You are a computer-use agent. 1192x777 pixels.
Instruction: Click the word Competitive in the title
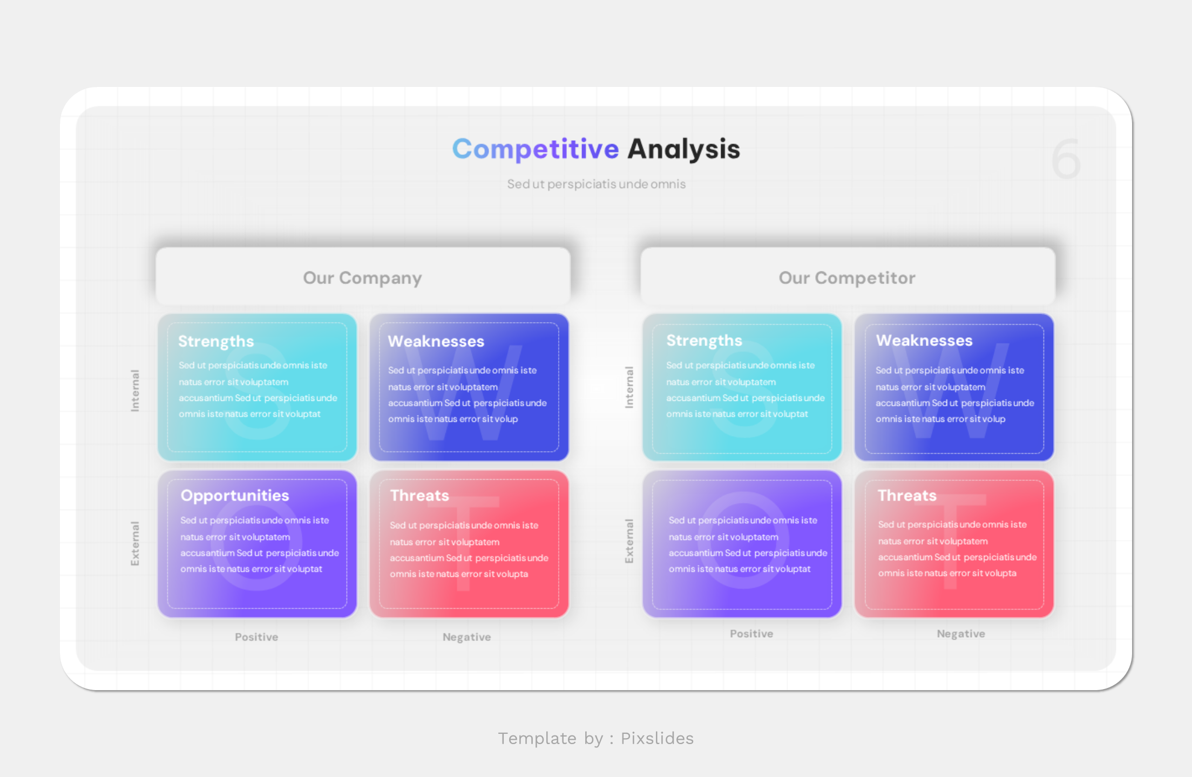(x=535, y=149)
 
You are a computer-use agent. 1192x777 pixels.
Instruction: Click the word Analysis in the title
(x=683, y=149)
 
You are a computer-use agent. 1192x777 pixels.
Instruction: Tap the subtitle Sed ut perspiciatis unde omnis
(x=596, y=184)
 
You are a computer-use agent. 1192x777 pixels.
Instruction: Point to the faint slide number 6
(x=1066, y=159)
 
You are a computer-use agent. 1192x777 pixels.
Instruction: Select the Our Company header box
(x=363, y=277)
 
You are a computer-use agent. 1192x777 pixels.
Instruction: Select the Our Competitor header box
(x=847, y=277)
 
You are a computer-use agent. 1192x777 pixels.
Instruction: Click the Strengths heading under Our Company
(x=216, y=341)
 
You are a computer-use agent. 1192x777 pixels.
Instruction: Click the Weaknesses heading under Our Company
(x=436, y=341)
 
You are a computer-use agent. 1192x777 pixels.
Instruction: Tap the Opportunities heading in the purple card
(x=235, y=495)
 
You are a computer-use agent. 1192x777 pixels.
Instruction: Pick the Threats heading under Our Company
(x=419, y=495)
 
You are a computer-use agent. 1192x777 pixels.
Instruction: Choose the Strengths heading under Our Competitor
(x=704, y=340)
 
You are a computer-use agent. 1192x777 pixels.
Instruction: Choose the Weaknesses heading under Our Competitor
(x=924, y=340)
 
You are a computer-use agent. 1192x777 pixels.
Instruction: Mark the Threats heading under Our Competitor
(x=907, y=495)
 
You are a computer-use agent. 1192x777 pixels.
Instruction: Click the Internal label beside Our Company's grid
(x=135, y=390)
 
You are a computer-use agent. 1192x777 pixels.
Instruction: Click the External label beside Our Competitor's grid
(x=629, y=541)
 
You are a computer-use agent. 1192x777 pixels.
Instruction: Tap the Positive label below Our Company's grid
(x=256, y=637)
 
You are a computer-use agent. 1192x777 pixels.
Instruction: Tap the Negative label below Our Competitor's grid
(x=960, y=633)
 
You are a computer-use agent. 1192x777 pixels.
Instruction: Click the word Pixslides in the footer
(x=657, y=738)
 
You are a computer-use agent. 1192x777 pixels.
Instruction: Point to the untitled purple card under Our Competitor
(x=742, y=544)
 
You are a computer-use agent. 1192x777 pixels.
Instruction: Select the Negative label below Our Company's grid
(x=466, y=637)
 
